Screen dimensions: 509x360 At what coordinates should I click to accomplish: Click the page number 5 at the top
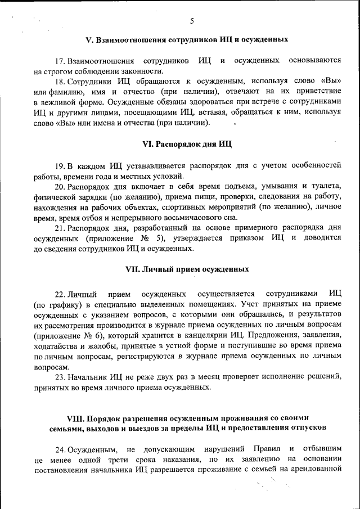(192, 21)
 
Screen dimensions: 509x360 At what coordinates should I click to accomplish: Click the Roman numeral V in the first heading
(88, 40)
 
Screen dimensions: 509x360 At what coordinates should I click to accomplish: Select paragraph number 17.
(59, 60)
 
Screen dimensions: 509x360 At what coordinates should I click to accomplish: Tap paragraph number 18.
(59, 82)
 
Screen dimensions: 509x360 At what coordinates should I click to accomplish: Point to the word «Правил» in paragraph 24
(261, 449)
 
